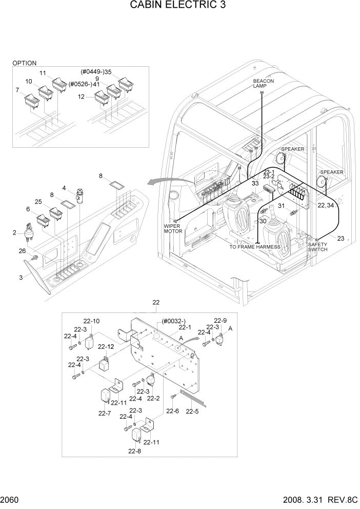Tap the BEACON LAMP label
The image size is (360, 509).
point(263,84)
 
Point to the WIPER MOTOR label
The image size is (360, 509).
point(173,228)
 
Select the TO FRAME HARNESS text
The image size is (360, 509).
point(254,247)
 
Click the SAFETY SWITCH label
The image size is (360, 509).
point(318,247)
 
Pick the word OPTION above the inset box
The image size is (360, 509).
point(24,63)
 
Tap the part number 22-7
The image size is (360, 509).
point(104,413)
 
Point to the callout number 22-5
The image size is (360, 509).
point(192,411)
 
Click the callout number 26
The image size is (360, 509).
point(22,250)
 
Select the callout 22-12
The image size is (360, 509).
point(106,346)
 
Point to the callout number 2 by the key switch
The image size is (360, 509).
point(14,233)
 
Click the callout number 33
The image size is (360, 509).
point(255,183)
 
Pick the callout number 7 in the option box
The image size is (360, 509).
point(17,90)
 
